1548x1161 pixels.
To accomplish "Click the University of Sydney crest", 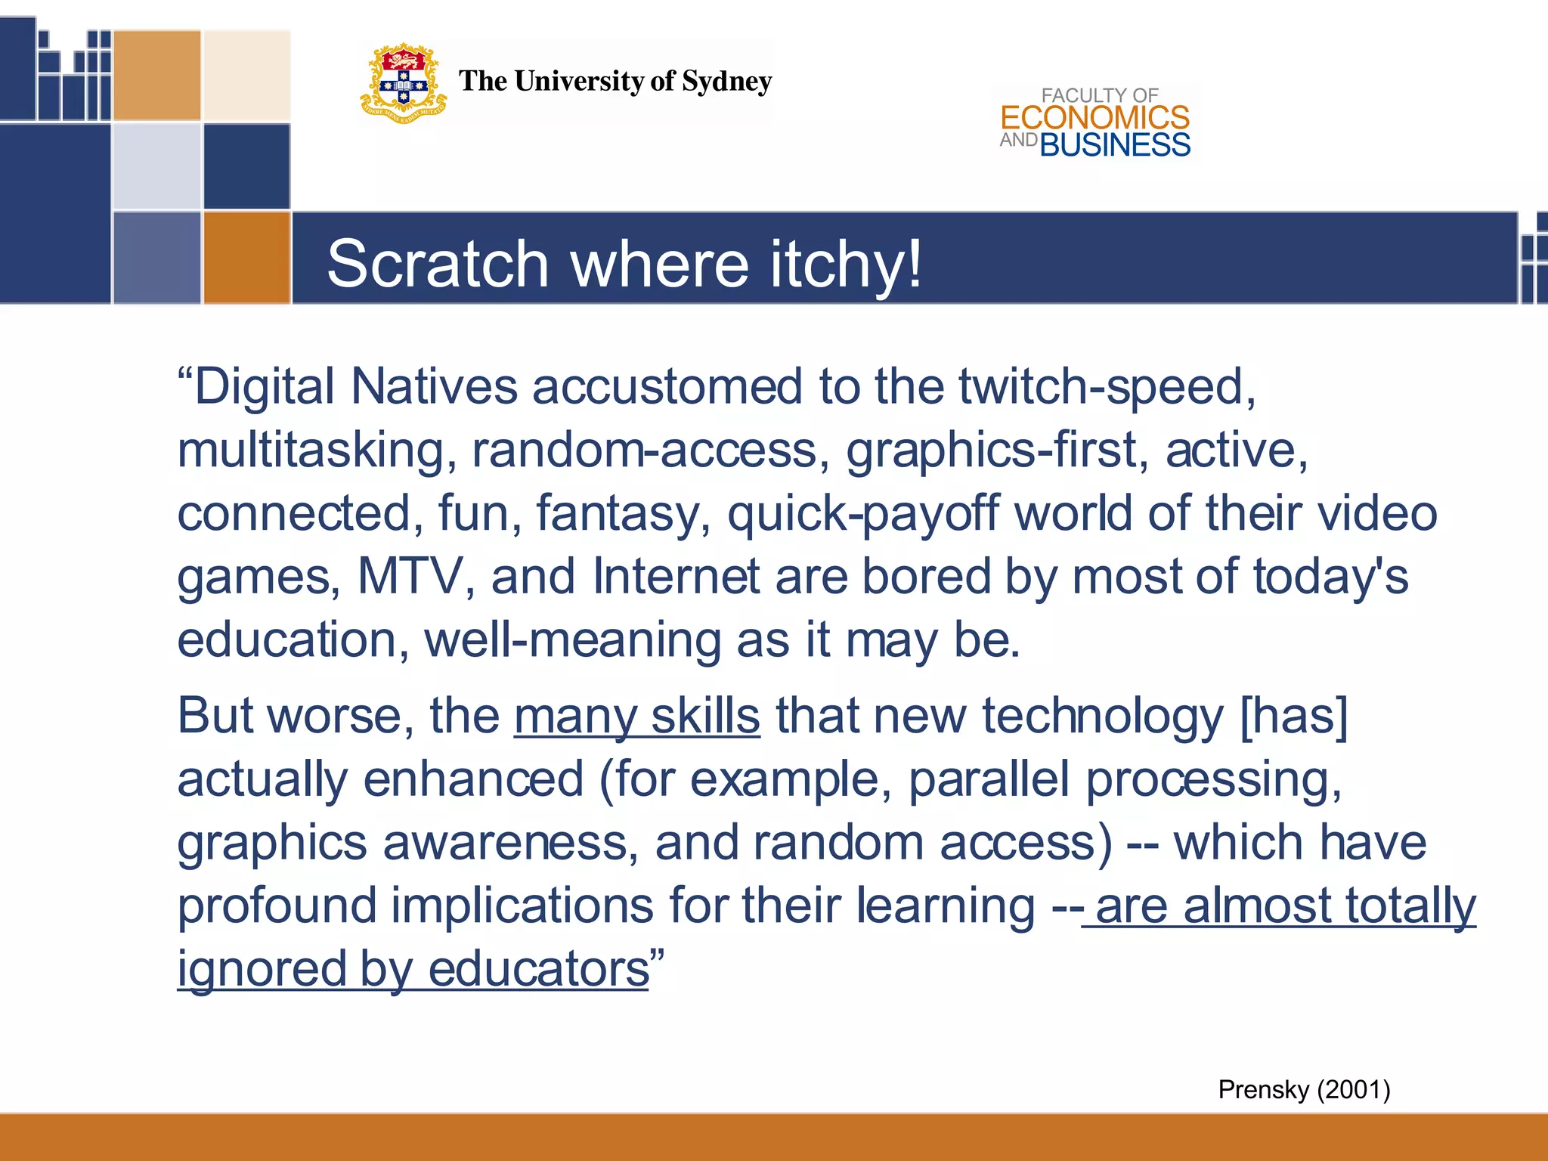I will (x=403, y=83).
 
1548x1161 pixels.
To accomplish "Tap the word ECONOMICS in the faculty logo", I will (x=1094, y=118).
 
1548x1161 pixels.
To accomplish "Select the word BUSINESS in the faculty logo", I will (x=1115, y=145).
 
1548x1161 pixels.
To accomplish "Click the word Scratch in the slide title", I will (x=438, y=264).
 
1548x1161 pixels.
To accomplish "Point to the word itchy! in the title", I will (x=847, y=264).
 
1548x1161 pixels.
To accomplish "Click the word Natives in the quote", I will (x=434, y=387).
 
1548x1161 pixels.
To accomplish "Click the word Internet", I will (x=676, y=577).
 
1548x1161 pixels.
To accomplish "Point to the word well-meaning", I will (x=572, y=640).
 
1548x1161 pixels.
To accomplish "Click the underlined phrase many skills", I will (x=636, y=716).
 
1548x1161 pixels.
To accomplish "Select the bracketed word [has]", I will (x=1294, y=716).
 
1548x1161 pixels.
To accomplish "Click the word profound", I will (x=277, y=906).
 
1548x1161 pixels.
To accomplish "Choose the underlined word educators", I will (x=538, y=969).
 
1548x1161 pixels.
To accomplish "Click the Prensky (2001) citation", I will (x=1304, y=1089).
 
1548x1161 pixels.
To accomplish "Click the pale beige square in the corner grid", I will (x=246, y=75).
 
